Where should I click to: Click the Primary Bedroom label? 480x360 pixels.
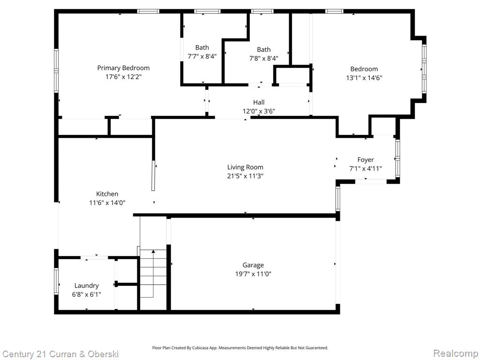[123, 68]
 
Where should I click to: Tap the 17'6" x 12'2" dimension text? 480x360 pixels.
[123, 76]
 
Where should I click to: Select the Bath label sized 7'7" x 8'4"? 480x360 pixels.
[202, 47]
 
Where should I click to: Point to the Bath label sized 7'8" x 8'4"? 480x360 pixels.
[263, 50]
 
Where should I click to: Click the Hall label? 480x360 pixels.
[259, 102]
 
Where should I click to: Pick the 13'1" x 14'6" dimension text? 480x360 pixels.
[364, 78]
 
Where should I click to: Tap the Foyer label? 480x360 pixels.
[366, 160]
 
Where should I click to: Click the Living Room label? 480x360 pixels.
[245, 167]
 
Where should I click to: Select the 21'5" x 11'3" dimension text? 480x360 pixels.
[245, 176]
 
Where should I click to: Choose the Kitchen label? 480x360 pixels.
[107, 194]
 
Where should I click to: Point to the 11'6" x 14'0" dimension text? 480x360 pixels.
[107, 202]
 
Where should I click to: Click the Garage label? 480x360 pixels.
[253, 265]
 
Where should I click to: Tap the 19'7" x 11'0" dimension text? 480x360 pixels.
[253, 274]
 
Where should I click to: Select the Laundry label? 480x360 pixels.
[87, 285]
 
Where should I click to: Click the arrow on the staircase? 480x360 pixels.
[153, 273]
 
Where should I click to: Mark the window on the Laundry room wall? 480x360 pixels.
[56, 281]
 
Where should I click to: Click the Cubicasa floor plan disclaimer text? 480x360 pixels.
[240, 348]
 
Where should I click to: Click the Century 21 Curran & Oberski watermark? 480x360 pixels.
[60, 354]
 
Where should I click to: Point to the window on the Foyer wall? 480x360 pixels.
[397, 158]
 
